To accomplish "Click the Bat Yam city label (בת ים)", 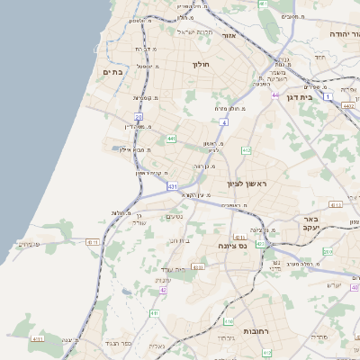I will [112, 71].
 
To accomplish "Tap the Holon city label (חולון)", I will [200, 65].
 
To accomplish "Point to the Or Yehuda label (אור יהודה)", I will [325, 32].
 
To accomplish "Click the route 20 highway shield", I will [139, 117].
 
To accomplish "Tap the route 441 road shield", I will [171, 139].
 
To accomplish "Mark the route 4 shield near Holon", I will [222, 121].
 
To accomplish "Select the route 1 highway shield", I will [329, 96].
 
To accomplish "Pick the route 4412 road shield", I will [347, 105].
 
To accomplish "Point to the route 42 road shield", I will [163, 290].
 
